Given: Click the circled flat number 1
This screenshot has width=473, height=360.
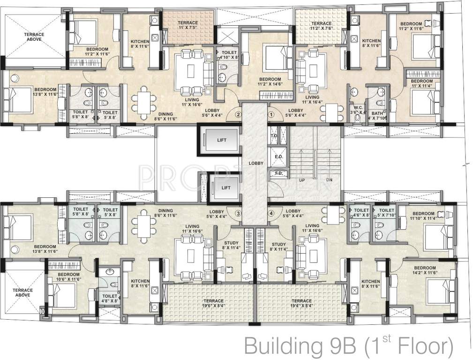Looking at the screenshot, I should [271, 113].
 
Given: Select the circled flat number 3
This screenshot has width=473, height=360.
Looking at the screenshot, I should [238, 214].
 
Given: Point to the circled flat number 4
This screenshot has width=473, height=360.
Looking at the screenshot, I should [271, 214].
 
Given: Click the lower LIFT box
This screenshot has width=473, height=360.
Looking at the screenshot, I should [226, 188].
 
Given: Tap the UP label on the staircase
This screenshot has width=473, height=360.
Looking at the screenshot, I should [301, 180].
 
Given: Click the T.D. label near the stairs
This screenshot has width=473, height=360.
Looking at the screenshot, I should [274, 136].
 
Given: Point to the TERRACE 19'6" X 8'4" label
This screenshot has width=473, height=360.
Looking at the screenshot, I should [213, 303].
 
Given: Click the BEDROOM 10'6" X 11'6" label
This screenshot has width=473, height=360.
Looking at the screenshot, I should [69, 277].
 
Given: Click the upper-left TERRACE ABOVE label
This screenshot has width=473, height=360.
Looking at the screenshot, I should [35, 37].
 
